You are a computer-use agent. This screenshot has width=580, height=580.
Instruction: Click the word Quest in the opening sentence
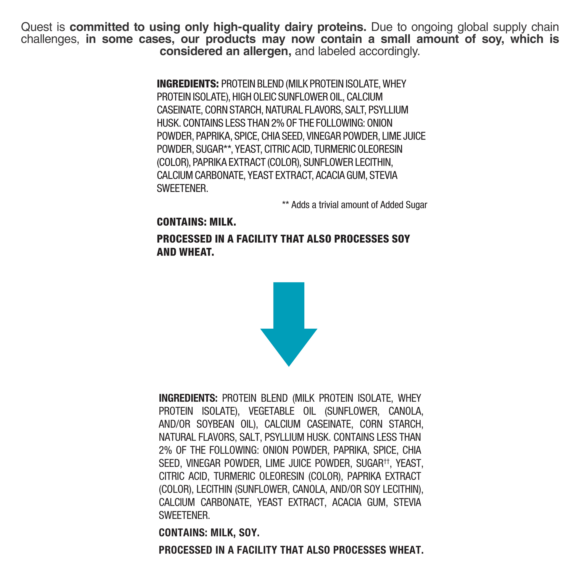pos(37,27)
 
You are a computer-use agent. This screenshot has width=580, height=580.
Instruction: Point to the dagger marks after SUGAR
pos(386,461)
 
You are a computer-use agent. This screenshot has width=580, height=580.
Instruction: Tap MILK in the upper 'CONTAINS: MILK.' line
pos(222,222)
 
